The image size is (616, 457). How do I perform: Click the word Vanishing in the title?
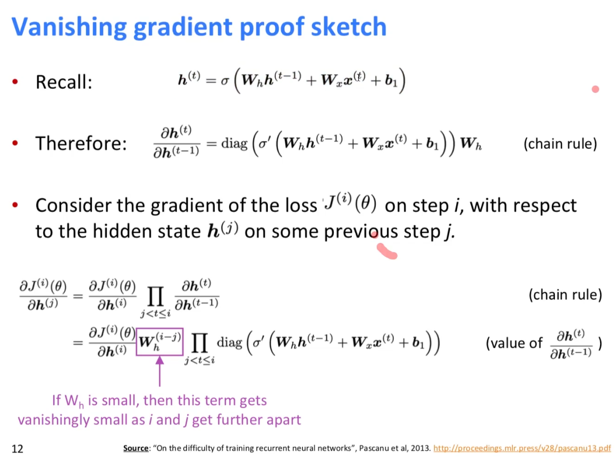coord(69,28)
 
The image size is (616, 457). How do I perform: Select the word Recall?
coord(64,82)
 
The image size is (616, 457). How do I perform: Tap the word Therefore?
coord(81,143)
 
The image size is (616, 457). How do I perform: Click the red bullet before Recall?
coord(15,82)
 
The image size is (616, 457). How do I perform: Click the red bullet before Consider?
coord(15,205)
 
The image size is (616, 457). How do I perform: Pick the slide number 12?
coord(18,448)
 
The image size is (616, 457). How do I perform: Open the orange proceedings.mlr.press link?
coord(522,448)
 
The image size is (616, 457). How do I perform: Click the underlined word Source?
coord(136,448)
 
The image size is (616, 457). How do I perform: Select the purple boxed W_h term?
coord(159,342)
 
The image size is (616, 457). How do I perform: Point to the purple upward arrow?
coord(159,371)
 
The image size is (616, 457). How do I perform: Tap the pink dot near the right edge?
coord(595,89)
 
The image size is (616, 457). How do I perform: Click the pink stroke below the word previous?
coord(386,251)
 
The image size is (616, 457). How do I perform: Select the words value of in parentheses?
coord(514,343)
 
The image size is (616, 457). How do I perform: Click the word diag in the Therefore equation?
coord(234,143)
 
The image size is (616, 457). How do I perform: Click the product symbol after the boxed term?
coord(199,343)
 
